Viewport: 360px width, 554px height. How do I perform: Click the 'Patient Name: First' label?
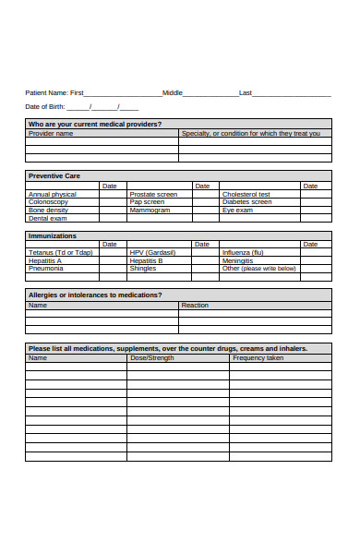point(54,92)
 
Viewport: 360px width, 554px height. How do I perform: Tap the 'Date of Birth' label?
point(44,107)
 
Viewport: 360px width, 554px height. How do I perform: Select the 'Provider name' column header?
point(51,133)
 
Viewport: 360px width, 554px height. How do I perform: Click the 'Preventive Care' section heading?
point(54,175)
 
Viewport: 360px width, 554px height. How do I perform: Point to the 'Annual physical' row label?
point(53,195)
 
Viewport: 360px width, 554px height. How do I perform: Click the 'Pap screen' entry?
point(147,202)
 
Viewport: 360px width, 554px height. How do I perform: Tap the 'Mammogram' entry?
point(150,210)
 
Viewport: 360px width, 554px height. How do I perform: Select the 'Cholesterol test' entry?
point(246,195)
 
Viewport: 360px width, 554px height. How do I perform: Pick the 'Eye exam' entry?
point(237,210)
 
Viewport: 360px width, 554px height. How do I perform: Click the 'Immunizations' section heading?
point(53,235)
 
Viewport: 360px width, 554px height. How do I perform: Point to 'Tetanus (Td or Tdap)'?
point(60,253)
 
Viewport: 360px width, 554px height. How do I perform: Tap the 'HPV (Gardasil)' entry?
point(152,253)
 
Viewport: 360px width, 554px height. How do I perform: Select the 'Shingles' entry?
point(143,268)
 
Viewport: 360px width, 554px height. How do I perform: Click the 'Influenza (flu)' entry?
point(243,253)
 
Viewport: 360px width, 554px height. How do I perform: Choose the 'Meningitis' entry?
point(237,260)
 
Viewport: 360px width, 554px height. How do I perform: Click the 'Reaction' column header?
point(195,305)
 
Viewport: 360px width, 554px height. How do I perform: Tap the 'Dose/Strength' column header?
point(151,357)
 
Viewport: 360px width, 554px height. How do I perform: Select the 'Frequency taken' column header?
point(258,357)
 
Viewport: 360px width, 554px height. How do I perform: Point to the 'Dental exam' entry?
point(48,218)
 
